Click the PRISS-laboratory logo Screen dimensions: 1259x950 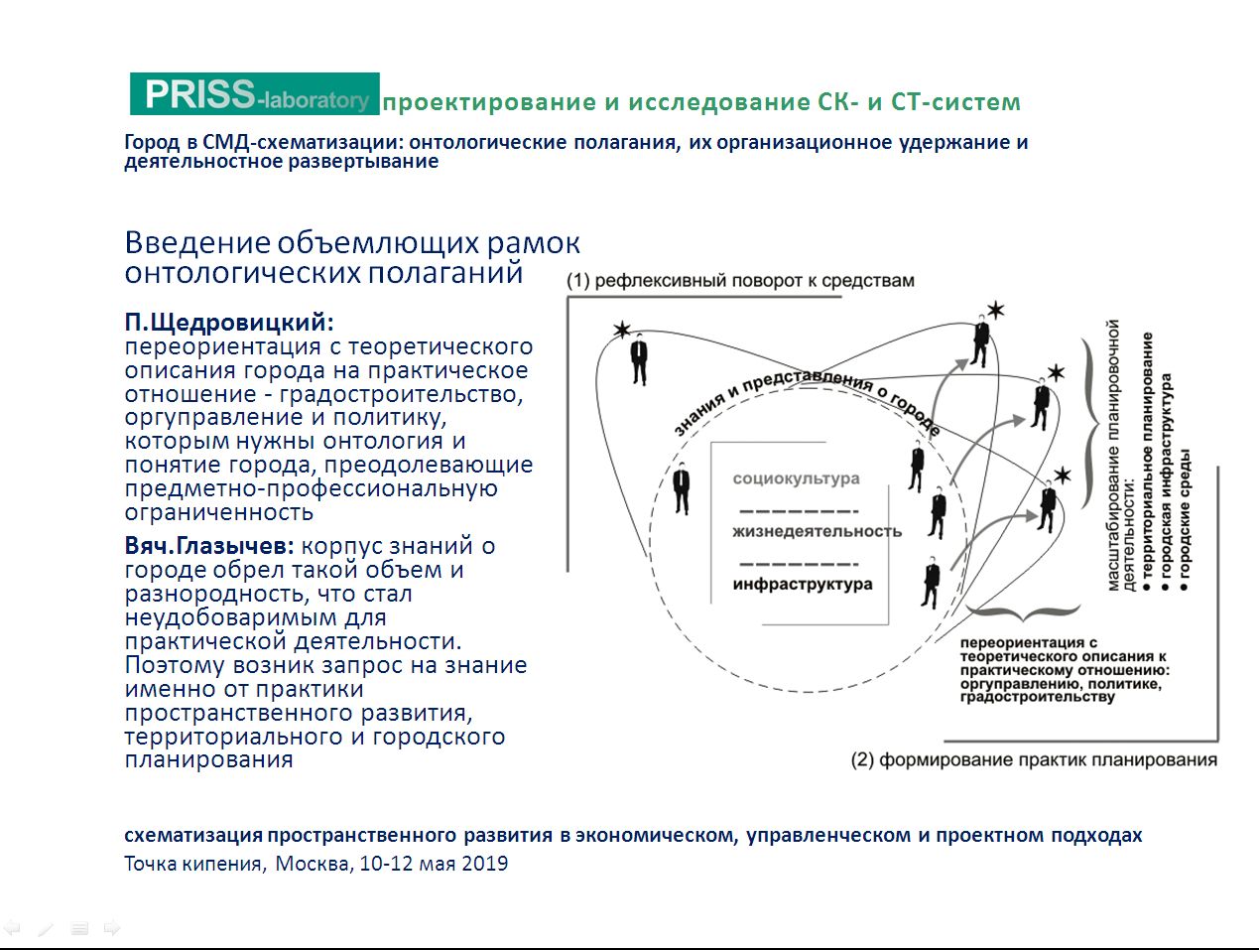[x=255, y=93]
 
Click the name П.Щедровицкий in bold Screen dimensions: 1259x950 [x=229, y=322]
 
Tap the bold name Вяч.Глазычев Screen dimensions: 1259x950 [x=209, y=545]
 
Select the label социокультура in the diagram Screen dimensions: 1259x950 [x=796, y=478]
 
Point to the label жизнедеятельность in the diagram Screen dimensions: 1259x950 [x=817, y=531]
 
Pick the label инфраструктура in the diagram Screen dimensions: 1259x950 [x=803, y=584]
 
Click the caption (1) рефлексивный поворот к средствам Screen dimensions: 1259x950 [x=740, y=281]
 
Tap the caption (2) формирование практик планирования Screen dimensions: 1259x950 [x=1034, y=759]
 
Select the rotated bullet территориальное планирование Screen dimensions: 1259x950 [x=1148, y=462]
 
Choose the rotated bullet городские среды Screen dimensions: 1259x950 [x=1185, y=520]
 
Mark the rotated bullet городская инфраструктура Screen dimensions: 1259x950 [x=1166, y=482]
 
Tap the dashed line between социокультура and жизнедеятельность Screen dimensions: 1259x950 [x=799, y=510]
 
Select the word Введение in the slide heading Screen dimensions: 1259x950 [x=196, y=242]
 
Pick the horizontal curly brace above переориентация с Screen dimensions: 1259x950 [x=1023, y=612]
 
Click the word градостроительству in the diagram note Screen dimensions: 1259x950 [x=1038, y=698]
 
